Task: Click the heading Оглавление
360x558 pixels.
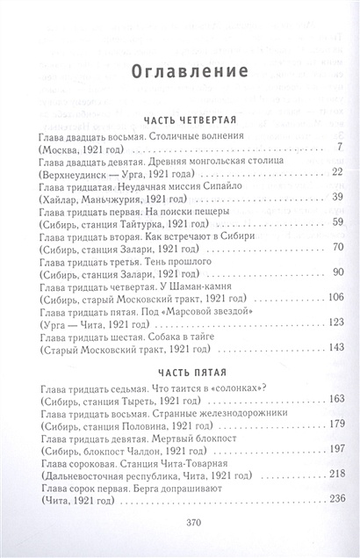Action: coord(180,70)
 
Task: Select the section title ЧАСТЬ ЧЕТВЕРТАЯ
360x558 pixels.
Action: coord(181,124)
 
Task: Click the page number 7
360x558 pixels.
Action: coord(338,147)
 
